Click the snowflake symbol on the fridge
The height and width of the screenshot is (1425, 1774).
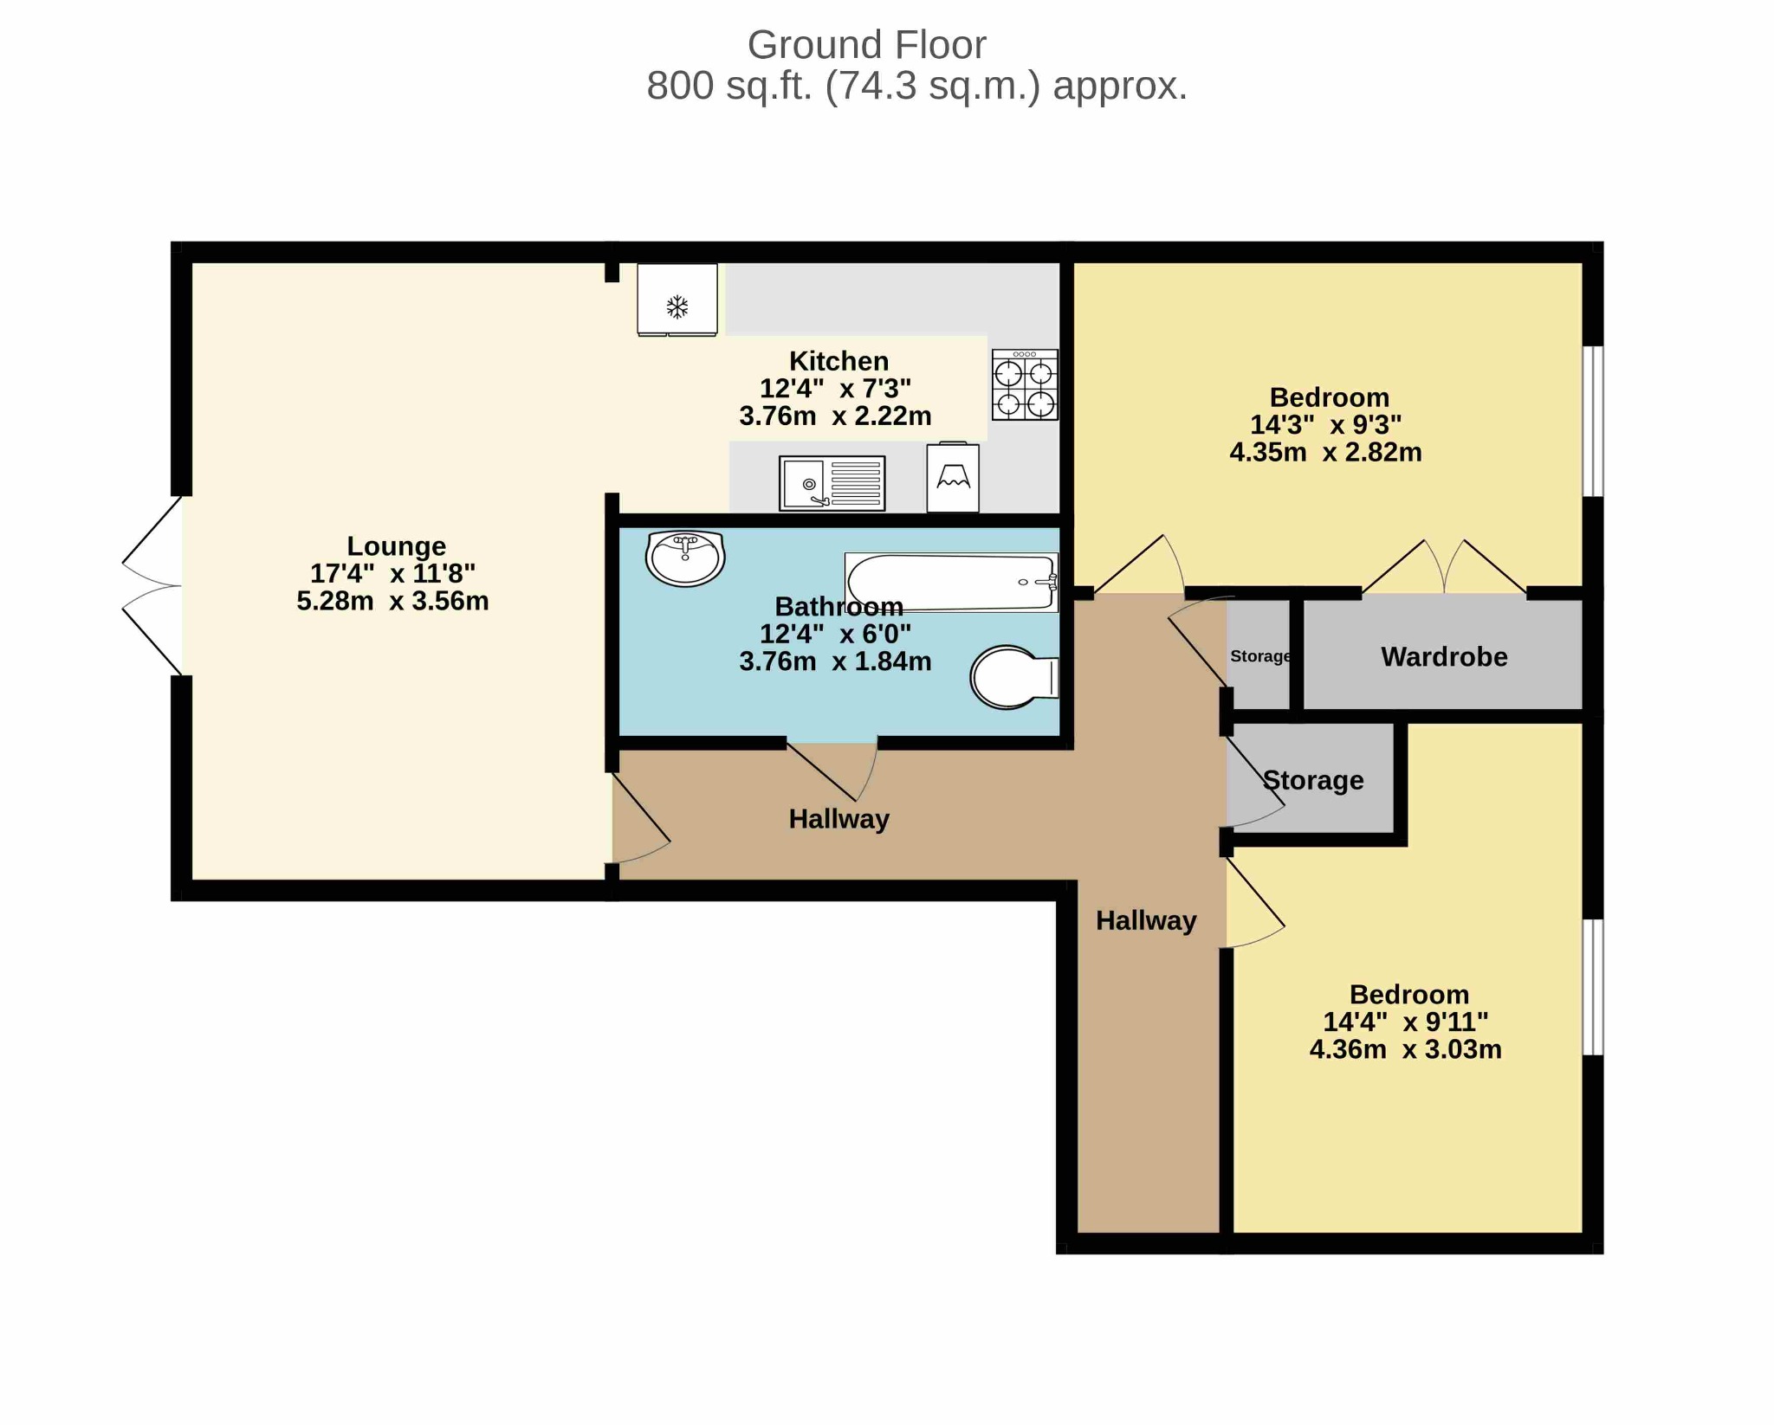(677, 306)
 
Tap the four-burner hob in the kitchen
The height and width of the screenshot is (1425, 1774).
(1025, 385)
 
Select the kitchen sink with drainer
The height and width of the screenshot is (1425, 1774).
(832, 483)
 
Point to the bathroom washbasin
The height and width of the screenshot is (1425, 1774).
(685, 558)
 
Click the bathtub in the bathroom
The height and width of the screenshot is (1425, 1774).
(951, 582)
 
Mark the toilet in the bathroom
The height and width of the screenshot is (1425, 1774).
(1014, 677)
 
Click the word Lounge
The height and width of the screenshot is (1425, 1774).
(396, 545)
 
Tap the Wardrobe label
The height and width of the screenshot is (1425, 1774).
(1444, 656)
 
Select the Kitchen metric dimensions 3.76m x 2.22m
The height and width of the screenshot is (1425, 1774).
(835, 416)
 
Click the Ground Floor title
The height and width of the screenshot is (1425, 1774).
(866, 45)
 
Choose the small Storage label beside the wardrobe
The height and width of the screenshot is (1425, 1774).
(1261, 656)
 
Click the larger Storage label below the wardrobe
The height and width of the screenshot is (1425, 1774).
(1313, 780)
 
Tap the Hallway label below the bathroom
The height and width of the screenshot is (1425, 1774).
(838, 819)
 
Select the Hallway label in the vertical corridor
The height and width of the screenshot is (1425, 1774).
(1146, 920)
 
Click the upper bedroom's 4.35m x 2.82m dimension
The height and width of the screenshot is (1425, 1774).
(1325, 452)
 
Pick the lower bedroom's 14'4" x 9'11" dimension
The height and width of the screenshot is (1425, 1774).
(1405, 1022)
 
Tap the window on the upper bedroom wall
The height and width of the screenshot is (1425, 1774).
(1593, 422)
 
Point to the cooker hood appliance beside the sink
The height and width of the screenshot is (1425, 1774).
(953, 477)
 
